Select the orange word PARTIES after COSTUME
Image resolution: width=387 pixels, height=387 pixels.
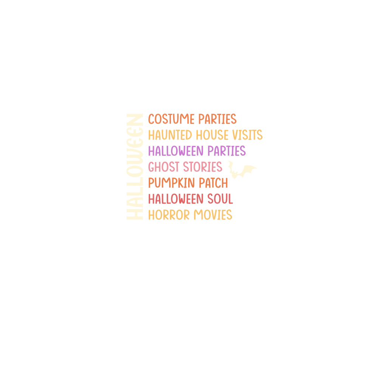(217, 119)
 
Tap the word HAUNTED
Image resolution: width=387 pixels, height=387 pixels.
(170, 135)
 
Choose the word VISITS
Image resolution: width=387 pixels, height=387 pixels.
(247, 135)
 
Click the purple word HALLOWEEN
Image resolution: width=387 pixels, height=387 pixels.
(176, 151)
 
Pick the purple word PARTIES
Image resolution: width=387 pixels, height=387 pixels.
(227, 151)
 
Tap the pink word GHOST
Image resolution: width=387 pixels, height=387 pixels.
(164, 167)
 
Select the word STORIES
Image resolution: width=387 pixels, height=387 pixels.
(203, 167)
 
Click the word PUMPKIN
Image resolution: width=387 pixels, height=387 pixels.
(172, 183)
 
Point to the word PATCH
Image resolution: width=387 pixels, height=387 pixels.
(213, 183)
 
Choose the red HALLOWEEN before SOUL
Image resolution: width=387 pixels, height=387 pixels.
(176, 199)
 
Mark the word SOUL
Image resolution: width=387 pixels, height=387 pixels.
(220, 199)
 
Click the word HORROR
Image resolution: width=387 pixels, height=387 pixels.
(169, 215)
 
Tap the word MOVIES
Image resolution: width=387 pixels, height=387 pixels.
(213, 215)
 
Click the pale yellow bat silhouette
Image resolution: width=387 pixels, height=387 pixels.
(242, 170)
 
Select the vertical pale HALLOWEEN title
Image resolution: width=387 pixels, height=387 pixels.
(135, 167)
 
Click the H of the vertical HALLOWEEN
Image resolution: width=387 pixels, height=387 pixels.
(135, 214)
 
